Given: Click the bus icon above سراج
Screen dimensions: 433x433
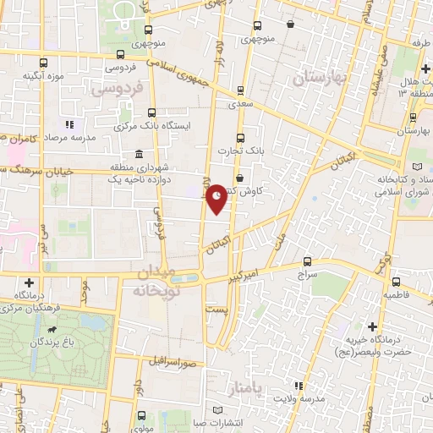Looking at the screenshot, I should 306,262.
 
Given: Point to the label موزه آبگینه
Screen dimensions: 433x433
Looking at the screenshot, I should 44,76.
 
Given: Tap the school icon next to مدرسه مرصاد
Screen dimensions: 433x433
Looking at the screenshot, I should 69,125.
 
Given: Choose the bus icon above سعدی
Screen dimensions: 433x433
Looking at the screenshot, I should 240,90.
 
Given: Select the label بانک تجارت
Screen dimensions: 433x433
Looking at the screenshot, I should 241,151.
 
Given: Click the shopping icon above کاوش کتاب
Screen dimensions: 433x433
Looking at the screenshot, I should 241,178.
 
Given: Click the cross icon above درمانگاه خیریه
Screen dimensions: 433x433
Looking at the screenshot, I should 372,326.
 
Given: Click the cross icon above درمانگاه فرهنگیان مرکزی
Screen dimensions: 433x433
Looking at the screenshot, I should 30,282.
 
